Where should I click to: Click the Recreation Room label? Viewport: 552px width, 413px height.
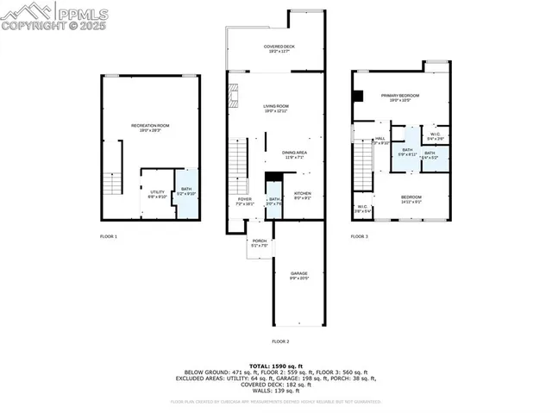click(150, 128)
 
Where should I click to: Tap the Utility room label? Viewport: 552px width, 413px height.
click(157, 193)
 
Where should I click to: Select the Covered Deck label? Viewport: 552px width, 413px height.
click(276, 48)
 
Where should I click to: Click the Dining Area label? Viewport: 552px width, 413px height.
click(295, 154)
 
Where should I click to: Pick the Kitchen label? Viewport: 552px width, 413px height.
click(302, 195)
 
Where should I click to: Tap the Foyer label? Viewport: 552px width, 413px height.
click(245, 201)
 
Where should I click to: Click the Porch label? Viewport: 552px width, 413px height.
click(259, 242)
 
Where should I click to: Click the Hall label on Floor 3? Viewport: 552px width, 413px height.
click(380, 140)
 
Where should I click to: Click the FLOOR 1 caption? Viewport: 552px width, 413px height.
click(109, 235)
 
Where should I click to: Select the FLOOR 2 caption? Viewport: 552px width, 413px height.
click(280, 341)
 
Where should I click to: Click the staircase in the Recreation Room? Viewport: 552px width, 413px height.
click(112, 184)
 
